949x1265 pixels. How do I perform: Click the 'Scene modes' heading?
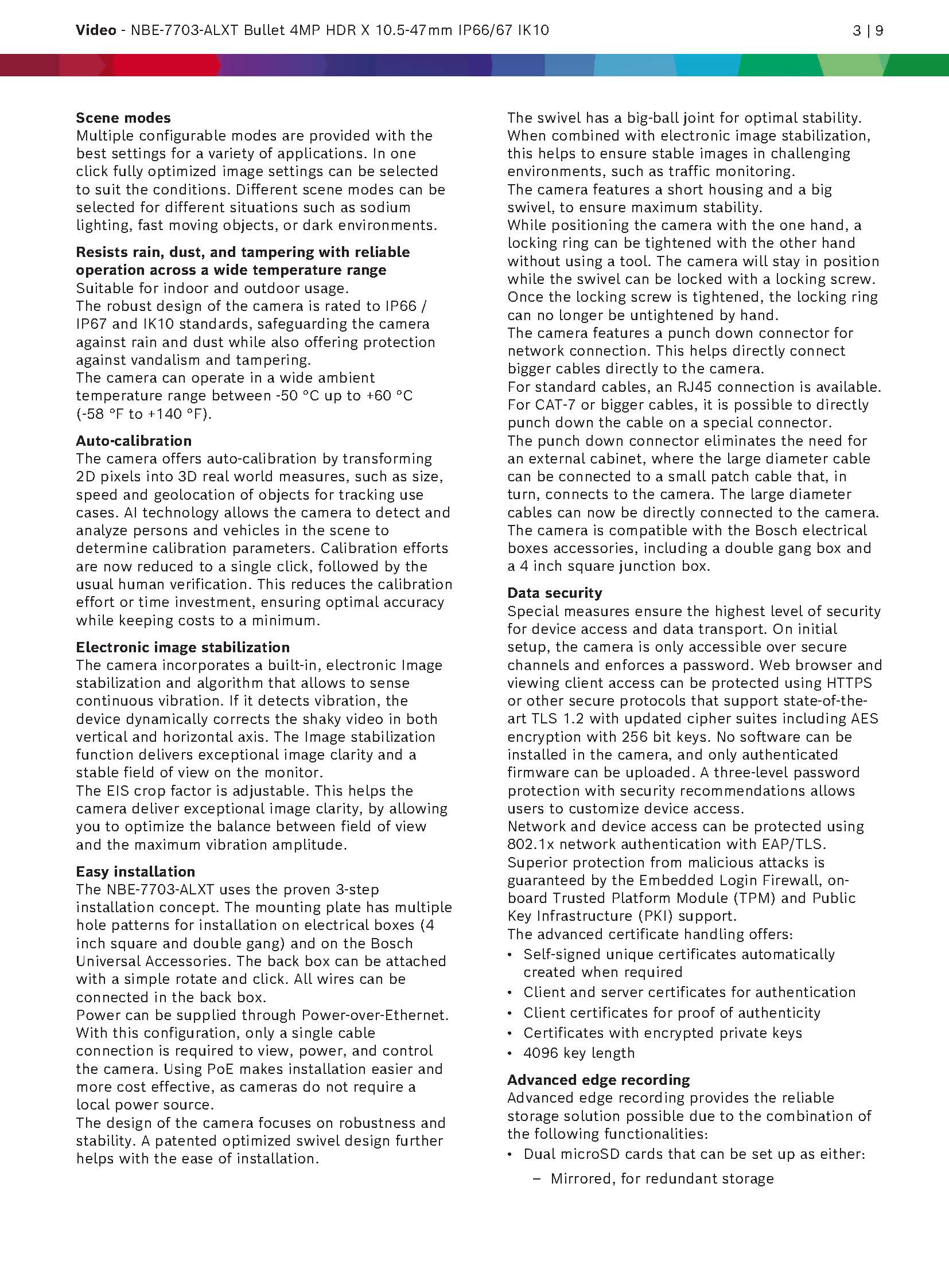[x=123, y=118]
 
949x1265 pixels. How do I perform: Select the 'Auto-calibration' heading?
[x=134, y=441]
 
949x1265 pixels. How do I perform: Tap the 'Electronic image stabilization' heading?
[x=182, y=647]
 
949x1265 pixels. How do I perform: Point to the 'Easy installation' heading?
[x=135, y=871]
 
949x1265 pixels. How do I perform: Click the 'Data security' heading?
[x=554, y=593]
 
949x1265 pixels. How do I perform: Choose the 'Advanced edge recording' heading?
[x=598, y=1080]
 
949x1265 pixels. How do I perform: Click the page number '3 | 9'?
[x=868, y=30]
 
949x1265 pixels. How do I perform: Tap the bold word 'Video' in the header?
[x=96, y=30]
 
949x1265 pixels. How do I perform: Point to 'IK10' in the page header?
[x=533, y=30]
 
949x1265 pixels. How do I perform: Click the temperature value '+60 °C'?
[x=389, y=396]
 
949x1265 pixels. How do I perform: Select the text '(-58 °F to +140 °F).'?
[x=144, y=414]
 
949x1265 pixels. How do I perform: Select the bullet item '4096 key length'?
[x=579, y=1053]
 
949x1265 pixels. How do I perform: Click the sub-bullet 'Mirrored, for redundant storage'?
[x=662, y=1178]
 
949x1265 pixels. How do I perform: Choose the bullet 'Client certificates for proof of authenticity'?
[x=671, y=1012]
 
